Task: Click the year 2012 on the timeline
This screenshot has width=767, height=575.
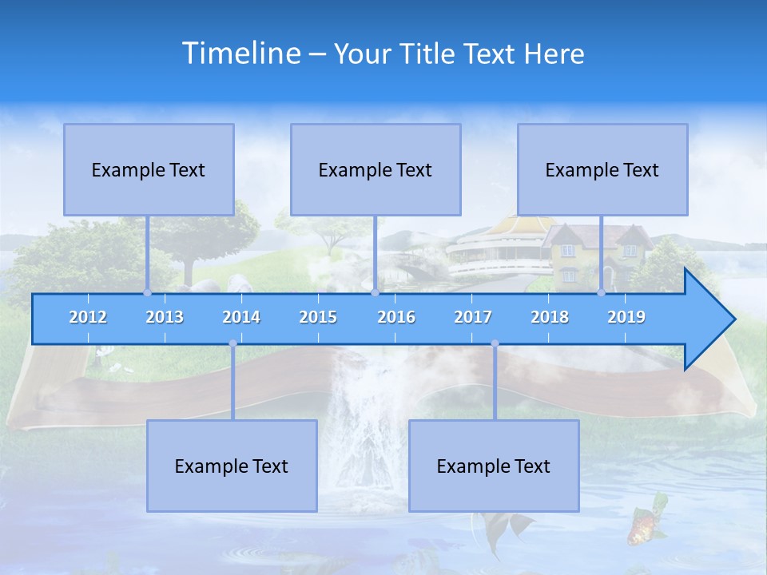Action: [x=88, y=317]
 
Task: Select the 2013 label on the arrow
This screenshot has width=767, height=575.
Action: [x=165, y=317]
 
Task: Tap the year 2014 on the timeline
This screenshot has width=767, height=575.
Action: [x=241, y=317]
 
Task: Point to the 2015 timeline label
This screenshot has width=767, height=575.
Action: [x=318, y=317]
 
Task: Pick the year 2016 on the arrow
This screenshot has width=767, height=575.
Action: [x=396, y=317]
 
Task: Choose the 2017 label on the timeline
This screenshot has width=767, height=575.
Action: [x=473, y=317]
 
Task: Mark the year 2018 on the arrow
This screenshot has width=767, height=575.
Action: [x=550, y=317]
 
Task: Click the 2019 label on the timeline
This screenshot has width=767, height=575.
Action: [x=626, y=317]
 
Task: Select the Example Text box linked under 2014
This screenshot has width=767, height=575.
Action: [x=232, y=466]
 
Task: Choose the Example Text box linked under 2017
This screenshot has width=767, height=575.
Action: [x=494, y=466]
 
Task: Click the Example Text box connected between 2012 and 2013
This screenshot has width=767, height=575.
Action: [x=149, y=169]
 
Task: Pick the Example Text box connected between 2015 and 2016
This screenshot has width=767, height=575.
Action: [x=376, y=169]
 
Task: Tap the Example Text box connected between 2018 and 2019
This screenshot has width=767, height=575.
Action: [x=602, y=169]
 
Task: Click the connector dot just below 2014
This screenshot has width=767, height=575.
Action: [x=232, y=343]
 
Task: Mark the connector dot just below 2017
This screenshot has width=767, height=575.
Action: [x=495, y=343]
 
